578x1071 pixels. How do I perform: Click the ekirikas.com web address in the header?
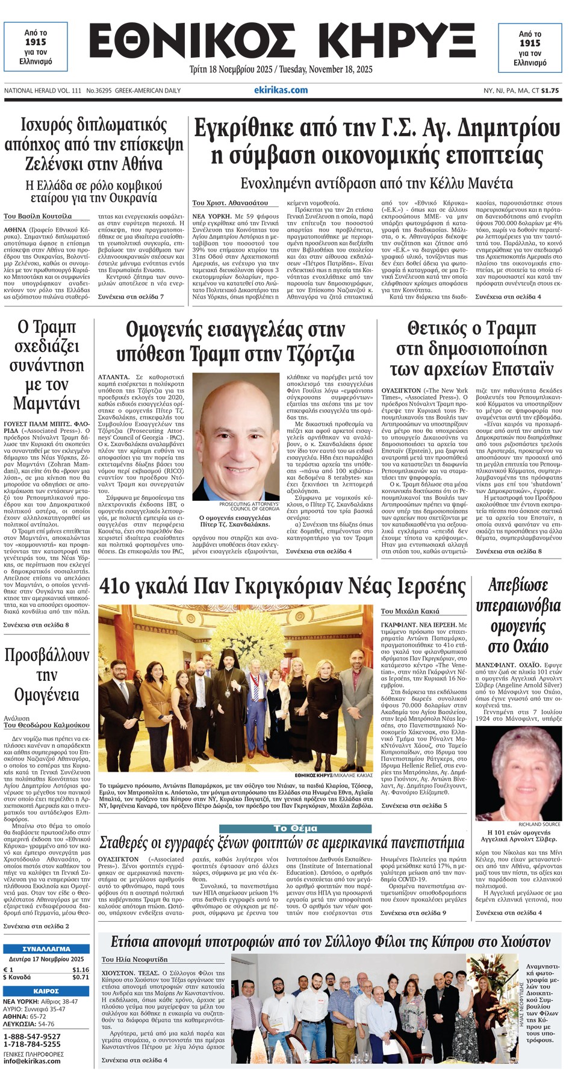pos(281,90)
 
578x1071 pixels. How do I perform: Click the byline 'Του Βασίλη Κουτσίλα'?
pos(37,216)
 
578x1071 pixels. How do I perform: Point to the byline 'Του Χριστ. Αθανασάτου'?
pos(230,203)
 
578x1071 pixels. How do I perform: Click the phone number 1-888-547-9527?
pos(32,1036)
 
